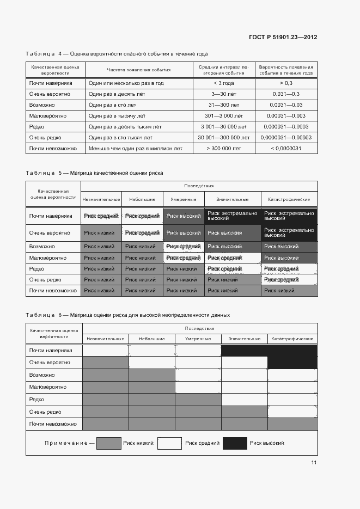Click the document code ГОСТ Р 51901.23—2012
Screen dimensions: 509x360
point(283,37)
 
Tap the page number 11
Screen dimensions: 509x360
point(314,463)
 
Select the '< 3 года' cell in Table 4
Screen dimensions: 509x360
point(224,83)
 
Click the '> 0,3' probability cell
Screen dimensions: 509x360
point(286,83)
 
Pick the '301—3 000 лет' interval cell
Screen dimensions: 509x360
point(224,115)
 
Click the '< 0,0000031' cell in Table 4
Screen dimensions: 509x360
point(286,148)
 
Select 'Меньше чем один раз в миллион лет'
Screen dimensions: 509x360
point(135,148)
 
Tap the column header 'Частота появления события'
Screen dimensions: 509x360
point(138,70)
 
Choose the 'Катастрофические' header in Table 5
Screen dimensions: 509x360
point(289,200)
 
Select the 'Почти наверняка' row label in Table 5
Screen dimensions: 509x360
point(51,216)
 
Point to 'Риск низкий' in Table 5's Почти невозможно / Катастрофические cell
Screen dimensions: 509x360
point(279,291)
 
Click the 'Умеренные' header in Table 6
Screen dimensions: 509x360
point(198,339)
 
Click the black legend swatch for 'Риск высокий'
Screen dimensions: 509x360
point(235,443)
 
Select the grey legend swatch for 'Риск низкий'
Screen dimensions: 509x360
point(108,443)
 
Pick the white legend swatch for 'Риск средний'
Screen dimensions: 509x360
point(169,443)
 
